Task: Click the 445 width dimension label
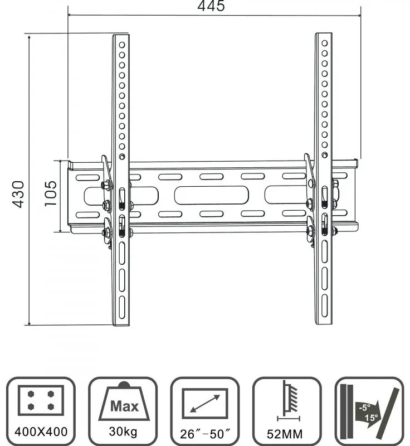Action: click(212, 6)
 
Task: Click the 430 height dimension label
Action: click(18, 193)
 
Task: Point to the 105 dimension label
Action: click(50, 193)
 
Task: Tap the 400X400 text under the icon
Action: click(41, 430)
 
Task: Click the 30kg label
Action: click(123, 430)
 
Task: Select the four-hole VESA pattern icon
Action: click(41, 398)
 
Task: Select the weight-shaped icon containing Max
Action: click(123, 401)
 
